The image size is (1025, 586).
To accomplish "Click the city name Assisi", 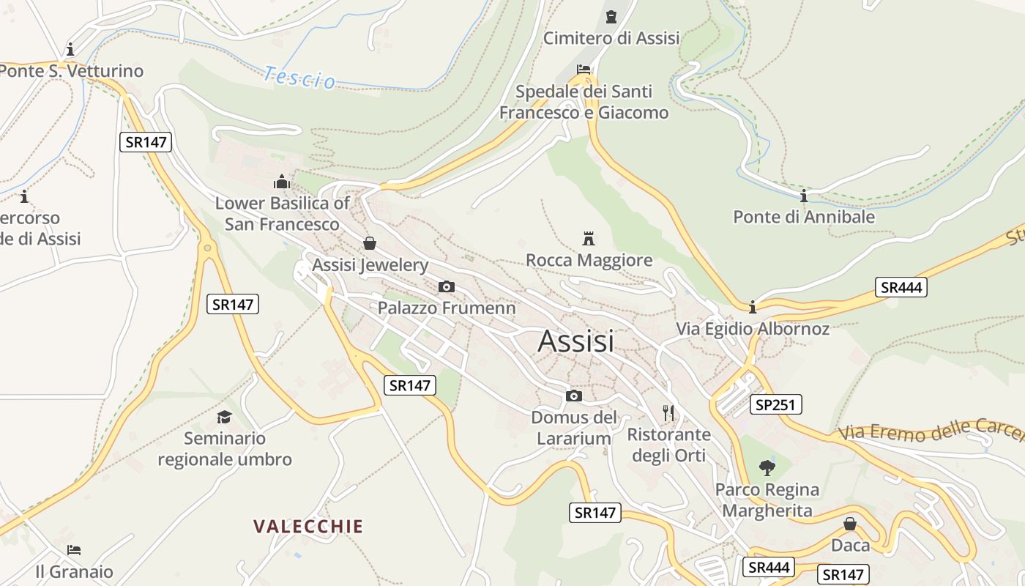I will pyautogui.click(x=575, y=341).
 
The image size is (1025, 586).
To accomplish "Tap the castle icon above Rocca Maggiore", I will pyautogui.click(x=588, y=238).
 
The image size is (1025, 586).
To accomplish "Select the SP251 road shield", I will pyautogui.click(x=776, y=404).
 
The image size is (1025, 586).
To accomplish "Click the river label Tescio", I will pyautogui.click(x=299, y=77).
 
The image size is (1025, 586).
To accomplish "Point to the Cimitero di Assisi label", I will pyautogui.click(x=611, y=38).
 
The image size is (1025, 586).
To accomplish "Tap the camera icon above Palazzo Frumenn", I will pyautogui.click(x=446, y=286).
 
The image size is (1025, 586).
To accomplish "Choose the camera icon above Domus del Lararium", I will pyautogui.click(x=574, y=396).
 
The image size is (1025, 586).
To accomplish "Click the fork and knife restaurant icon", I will pyautogui.click(x=668, y=412).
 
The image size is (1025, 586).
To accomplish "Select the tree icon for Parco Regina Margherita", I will pyautogui.click(x=767, y=467).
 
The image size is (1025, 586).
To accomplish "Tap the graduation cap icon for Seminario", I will pyautogui.click(x=224, y=417).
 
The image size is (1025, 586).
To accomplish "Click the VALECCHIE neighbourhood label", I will pyautogui.click(x=308, y=527).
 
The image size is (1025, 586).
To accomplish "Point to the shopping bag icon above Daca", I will pyautogui.click(x=850, y=524).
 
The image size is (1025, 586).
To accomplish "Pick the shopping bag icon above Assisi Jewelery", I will pyautogui.click(x=370, y=243).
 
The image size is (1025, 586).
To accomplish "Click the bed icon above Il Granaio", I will pyautogui.click(x=74, y=550).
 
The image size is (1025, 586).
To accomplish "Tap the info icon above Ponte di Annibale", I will pyautogui.click(x=804, y=196).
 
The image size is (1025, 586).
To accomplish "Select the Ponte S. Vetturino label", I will pyautogui.click(x=72, y=72).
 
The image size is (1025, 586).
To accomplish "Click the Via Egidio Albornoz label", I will pyautogui.click(x=753, y=329).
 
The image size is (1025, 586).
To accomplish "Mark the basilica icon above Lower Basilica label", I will pyautogui.click(x=282, y=182).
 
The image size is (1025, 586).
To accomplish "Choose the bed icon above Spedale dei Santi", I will pyautogui.click(x=584, y=70).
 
